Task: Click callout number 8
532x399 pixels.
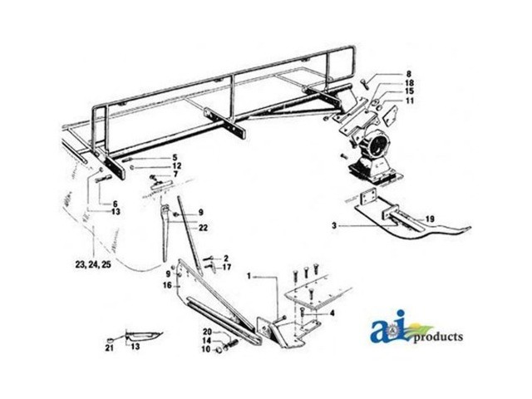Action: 386,76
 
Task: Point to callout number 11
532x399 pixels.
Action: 387,101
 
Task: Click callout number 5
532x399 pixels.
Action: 175,157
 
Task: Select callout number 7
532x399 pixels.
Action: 175,175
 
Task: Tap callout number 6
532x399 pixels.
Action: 116,204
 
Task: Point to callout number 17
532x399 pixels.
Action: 227,267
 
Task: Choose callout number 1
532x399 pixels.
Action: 249,273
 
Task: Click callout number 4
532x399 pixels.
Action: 332,313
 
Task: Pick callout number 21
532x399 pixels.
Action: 108,348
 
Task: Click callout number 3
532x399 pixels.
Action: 332,225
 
